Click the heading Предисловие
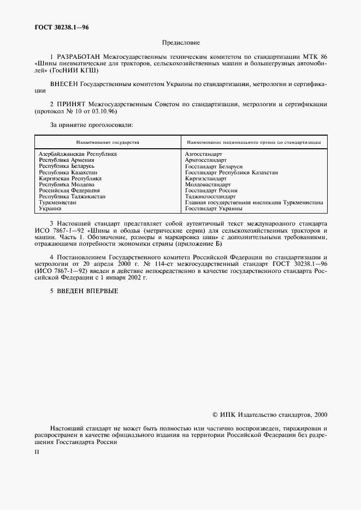[x=181, y=42]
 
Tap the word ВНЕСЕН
[x=64, y=84]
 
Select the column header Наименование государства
[x=108, y=142]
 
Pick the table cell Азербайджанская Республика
[x=78, y=154]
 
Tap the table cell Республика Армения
[x=67, y=160]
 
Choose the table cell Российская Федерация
[x=69, y=191]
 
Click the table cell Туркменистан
[x=57, y=202]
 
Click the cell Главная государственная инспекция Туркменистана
[x=262, y=202]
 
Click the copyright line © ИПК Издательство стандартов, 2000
[x=270, y=415]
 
